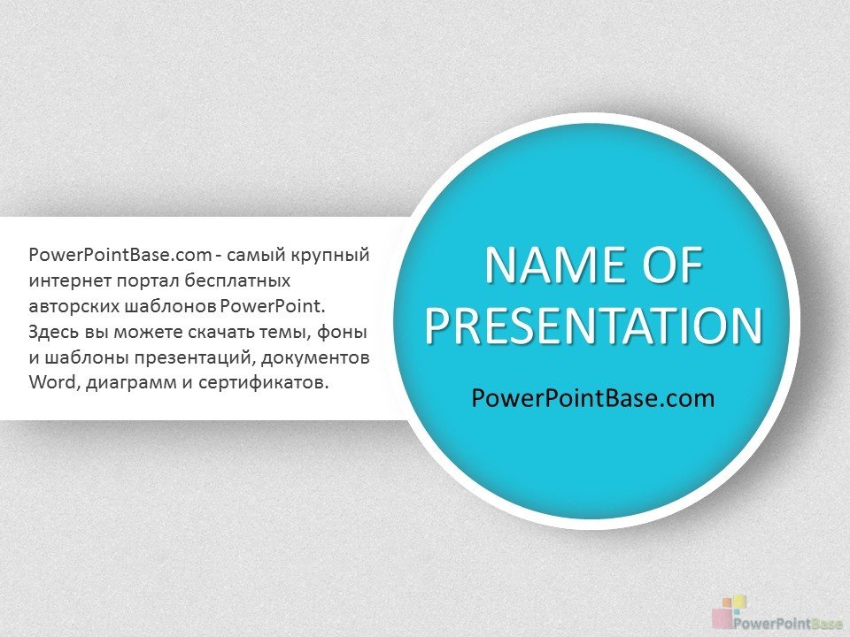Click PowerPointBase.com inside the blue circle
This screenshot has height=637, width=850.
(x=593, y=398)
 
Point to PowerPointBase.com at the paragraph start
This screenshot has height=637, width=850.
(x=120, y=255)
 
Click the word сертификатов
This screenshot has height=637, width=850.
(x=264, y=382)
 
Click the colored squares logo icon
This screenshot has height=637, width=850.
(x=730, y=610)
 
